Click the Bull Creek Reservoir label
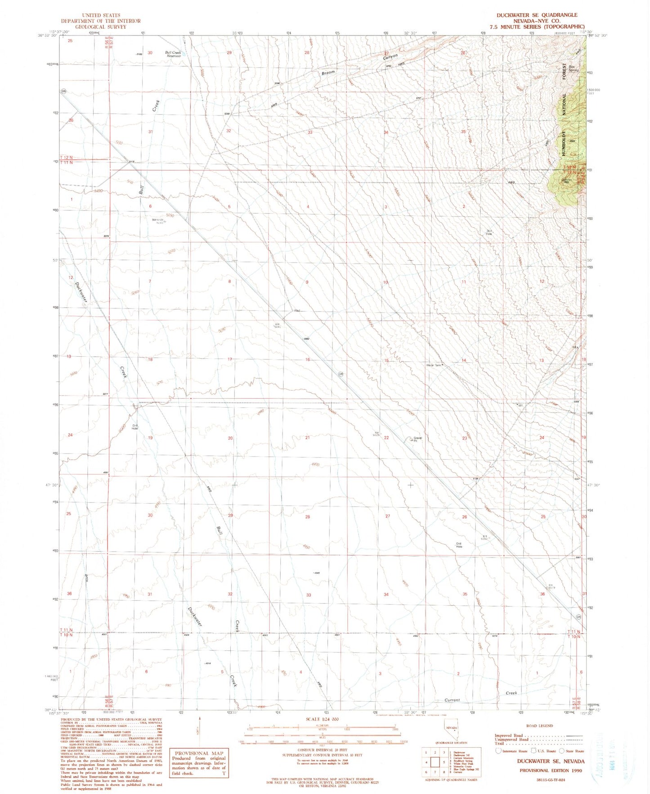pyautogui.click(x=173, y=54)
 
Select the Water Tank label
pyautogui.click(x=433, y=365)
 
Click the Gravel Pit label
pyautogui.click(x=417, y=439)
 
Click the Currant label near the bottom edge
pyautogui.click(x=452, y=700)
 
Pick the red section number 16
pyautogui.click(x=308, y=359)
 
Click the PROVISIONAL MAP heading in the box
pyautogui.click(x=198, y=753)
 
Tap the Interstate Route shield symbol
pyautogui.click(x=498, y=751)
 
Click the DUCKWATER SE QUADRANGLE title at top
pyautogui.click(x=537, y=15)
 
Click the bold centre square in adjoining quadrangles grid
pyautogui.click(x=435, y=762)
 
